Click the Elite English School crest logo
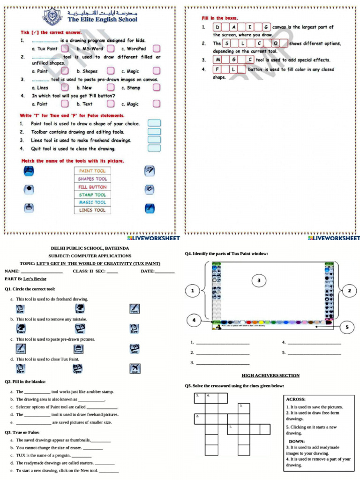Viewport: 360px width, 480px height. (x=52, y=17)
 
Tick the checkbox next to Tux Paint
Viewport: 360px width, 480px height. (x=65, y=48)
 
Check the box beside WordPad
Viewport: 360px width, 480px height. (x=157, y=48)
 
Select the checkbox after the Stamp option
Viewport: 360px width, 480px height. (x=157, y=88)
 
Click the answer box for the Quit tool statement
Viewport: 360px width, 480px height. (x=154, y=149)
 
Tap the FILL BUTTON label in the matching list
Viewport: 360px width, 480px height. (x=92, y=187)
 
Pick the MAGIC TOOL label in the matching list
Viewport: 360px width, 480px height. (x=92, y=202)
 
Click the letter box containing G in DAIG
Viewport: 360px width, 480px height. (x=266, y=27)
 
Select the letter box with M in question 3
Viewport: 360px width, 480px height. (x=218, y=60)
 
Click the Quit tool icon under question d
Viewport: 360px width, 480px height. (x=135, y=368)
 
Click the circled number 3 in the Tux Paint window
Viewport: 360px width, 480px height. (x=259, y=280)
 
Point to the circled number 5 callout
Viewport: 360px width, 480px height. (x=347, y=327)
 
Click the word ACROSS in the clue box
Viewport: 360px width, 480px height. (x=296, y=399)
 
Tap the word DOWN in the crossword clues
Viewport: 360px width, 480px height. (x=297, y=441)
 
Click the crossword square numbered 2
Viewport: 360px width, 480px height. (x=199, y=418)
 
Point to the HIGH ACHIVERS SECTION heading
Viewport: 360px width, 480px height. (x=270, y=375)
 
